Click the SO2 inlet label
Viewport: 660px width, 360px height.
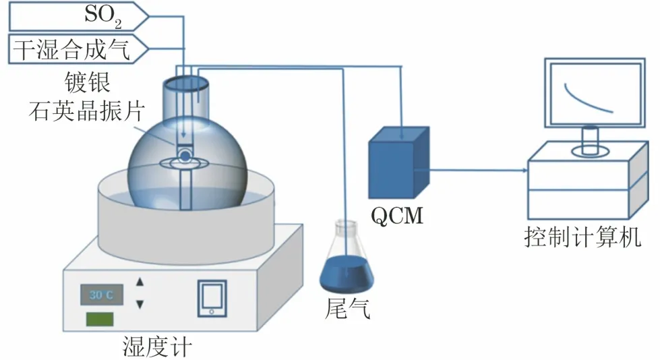click(x=103, y=16)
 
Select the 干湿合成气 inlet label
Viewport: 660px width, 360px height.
click(x=80, y=49)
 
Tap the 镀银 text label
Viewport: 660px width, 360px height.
click(x=86, y=84)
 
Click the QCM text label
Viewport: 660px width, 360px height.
click(x=396, y=215)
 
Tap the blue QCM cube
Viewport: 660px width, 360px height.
click(x=398, y=162)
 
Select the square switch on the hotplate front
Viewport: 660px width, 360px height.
click(x=212, y=297)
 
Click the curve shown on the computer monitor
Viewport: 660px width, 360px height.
click(x=587, y=98)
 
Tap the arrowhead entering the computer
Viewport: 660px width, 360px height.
click(x=523, y=169)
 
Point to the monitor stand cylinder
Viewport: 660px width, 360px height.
click(x=591, y=139)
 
